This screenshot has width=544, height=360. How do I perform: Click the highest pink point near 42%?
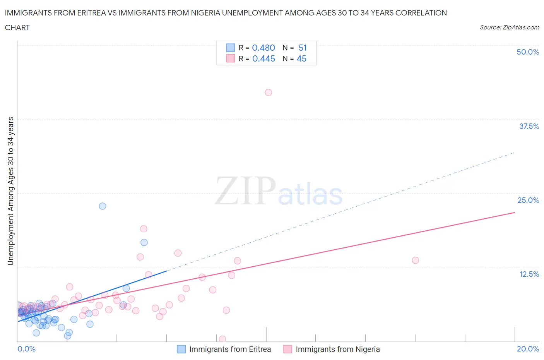[268, 93]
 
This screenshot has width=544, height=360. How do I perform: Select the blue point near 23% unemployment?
[103, 206]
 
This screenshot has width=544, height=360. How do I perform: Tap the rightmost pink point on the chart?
[415, 260]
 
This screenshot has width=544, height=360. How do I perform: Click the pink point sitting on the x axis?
[222, 339]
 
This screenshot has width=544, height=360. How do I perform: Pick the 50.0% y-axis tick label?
[528, 52]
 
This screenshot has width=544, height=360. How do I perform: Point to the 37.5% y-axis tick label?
[529, 126]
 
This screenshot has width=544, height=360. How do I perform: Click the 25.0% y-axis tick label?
[528, 200]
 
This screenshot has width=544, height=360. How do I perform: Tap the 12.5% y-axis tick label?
[529, 274]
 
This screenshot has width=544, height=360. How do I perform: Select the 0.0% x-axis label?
[26, 349]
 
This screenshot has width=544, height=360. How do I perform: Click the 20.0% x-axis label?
[528, 349]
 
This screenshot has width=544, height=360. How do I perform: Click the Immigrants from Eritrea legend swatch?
[181, 349]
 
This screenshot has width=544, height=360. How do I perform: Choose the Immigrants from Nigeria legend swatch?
[287, 349]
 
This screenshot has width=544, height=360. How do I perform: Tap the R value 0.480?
[263, 48]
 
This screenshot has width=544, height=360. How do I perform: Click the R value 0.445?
[263, 58]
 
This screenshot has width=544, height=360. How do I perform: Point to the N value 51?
[303, 48]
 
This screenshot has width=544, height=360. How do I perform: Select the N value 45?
[301, 58]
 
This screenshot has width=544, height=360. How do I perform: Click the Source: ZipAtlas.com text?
[510, 27]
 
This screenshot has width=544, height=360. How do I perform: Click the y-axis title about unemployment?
[11, 191]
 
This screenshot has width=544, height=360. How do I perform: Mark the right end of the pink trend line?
[515, 213]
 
